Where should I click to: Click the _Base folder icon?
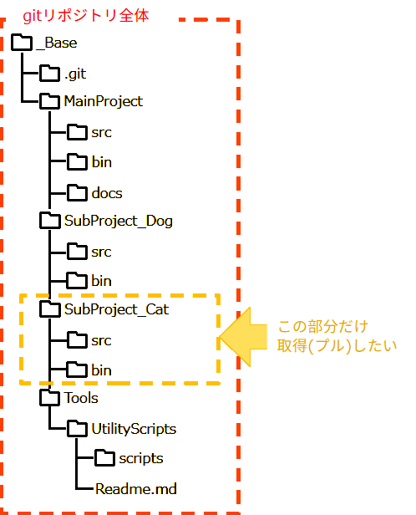click(23, 41)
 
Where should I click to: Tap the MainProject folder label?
click(103, 101)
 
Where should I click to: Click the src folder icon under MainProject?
click(77, 132)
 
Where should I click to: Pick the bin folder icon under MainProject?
click(77, 161)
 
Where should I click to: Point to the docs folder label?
click(107, 193)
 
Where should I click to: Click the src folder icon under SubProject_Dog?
click(77, 251)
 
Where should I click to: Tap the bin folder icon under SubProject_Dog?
click(77, 280)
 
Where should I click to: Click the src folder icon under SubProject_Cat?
click(77, 340)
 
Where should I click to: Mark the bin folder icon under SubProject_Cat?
click(77, 370)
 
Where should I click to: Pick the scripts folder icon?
click(104, 458)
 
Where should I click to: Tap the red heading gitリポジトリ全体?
click(91, 15)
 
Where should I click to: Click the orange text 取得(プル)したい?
click(336, 344)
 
